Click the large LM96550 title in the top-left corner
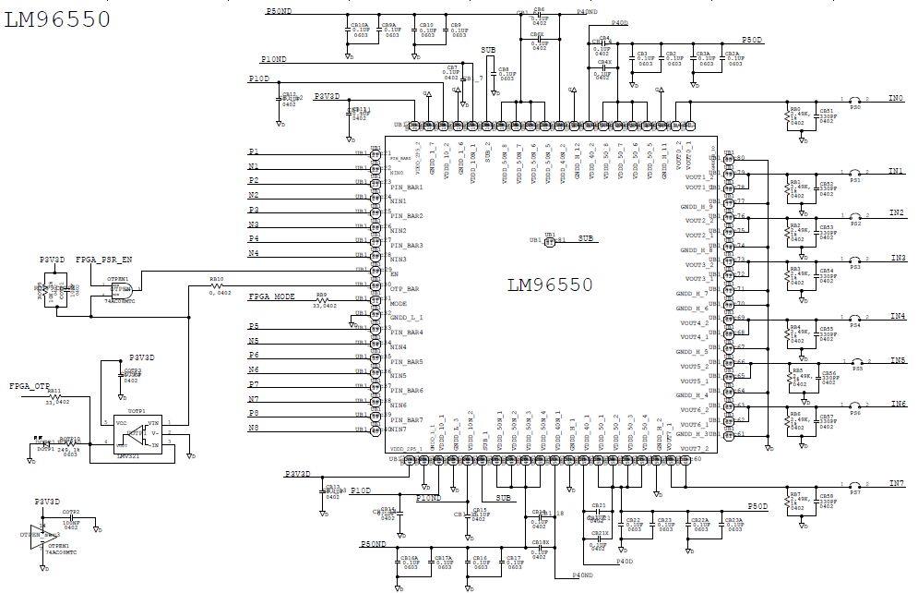click(x=57, y=18)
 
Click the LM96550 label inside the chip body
click(x=550, y=284)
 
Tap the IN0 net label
click(x=896, y=97)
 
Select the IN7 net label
click(x=896, y=483)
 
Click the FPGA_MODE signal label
click(x=271, y=298)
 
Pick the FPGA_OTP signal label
click(x=29, y=385)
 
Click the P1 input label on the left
click(x=254, y=151)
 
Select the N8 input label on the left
click(x=254, y=428)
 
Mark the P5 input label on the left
click(x=254, y=327)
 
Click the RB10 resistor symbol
click(x=216, y=285)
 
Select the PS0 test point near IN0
click(x=855, y=103)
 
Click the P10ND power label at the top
click(x=273, y=59)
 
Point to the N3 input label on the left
click(x=254, y=224)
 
